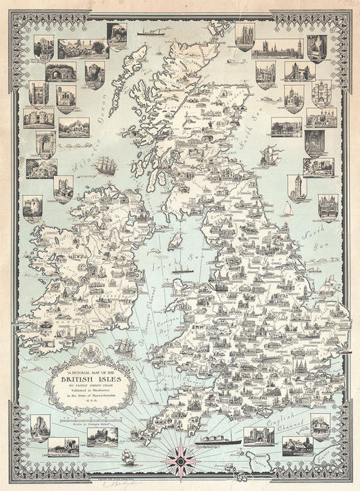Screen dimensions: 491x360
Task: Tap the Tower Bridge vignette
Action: pyautogui.click(x=299, y=71)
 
